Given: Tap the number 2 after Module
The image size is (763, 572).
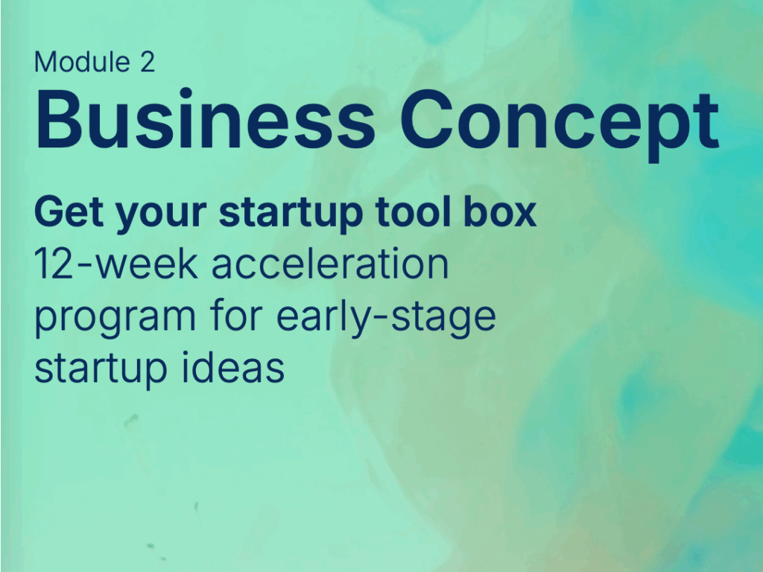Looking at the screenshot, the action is click(x=148, y=63).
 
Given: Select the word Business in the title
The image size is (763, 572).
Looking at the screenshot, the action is click(x=205, y=118).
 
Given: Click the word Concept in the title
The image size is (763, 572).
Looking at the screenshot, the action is click(x=560, y=125).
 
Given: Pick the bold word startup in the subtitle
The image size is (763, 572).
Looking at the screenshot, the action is click(x=291, y=215).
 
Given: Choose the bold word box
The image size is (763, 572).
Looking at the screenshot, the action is click(x=500, y=212).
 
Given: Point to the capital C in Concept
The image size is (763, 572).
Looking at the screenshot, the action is click(x=426, y=118).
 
